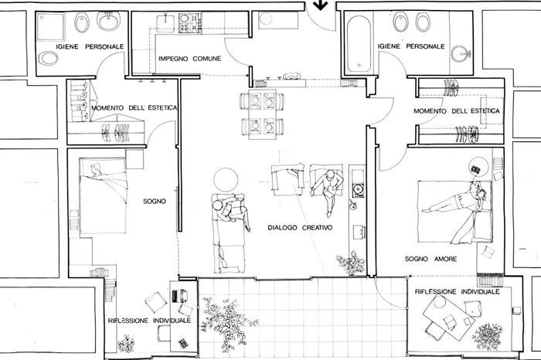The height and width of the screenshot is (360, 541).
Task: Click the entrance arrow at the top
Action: click(321, 5)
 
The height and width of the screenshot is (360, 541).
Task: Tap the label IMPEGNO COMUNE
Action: click(190, 59)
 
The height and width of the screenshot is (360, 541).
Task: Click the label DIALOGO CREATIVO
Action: click(300, 228)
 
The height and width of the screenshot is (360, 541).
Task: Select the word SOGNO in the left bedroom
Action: click(155, 201)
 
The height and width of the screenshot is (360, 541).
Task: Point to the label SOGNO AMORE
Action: click(431, 259)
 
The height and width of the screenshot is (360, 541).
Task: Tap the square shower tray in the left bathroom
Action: click(50, 27)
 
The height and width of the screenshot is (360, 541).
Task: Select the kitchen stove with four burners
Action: click(190, 22)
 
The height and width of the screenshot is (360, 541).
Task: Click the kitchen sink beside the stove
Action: click(165, 23)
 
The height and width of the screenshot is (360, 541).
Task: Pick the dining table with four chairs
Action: click(262, 114)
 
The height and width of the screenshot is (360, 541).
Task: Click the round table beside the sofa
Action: click(226, 180)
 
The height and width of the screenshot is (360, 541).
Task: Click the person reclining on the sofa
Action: click(230, 211)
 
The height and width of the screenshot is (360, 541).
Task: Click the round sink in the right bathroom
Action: click(461, 54)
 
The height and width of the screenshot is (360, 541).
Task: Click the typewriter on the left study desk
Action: click(180, 296)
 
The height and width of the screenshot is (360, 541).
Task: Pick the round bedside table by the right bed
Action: click(478, 166)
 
